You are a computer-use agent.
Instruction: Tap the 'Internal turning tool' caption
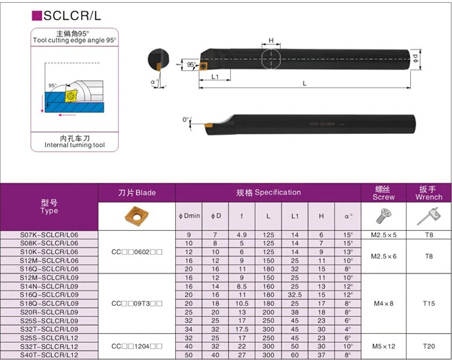pos(74,145)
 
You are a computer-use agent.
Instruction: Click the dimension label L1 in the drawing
pos(216,77)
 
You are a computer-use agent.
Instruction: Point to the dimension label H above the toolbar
pos(271,41)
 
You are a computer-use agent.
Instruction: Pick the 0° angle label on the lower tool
pos(185,120)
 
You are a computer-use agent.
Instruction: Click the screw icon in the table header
pos(384,216)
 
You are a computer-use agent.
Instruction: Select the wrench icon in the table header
pos(429,216)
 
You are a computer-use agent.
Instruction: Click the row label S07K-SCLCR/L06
pos(50,235)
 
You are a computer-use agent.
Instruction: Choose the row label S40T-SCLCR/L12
pos(50,355)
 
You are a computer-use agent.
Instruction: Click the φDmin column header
pos(189,216)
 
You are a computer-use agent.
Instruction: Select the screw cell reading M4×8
pos(384,303)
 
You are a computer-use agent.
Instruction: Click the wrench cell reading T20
pos(429,346)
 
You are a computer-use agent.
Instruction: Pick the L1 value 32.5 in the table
pos(295,295)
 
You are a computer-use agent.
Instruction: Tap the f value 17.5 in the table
pos(242,329)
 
